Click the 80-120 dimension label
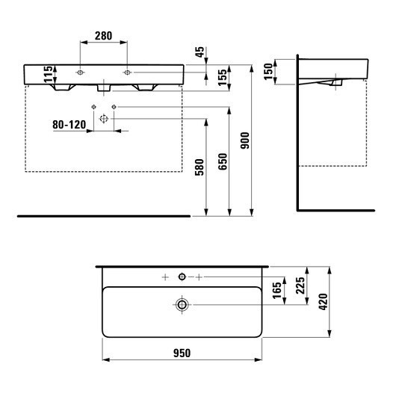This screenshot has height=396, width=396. pos(68,125)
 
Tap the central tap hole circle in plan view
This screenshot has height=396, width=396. pos(181,277)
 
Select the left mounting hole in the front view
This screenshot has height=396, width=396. pos(80,72)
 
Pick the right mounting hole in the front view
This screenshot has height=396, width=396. pos(127,72)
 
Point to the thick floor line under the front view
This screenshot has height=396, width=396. pos(104,217)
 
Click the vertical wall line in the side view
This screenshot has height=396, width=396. pos(297,134)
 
